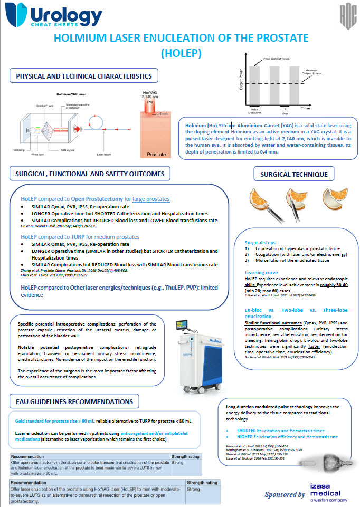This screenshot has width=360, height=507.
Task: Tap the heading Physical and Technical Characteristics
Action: (x=83, y=76)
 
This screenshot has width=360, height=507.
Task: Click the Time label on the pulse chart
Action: (x=305, y=107)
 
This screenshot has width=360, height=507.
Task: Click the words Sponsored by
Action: (x=285, y=494)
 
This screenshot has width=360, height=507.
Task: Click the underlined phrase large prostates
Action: (x=151, y=199)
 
